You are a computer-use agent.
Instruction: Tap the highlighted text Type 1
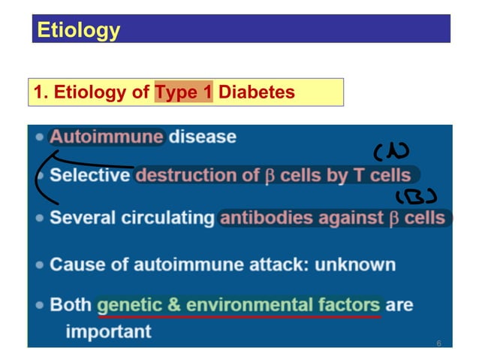click(x=184, y=92)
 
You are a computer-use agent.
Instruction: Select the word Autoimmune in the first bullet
click(x=106, y=137)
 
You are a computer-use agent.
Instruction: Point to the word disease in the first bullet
click(x=202, y=137)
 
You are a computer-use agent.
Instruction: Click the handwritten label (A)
click(x=391, y=152)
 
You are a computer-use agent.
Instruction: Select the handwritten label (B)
click(x=416, y=198)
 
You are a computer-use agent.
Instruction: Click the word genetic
click(x=134, y=306)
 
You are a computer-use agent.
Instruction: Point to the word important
click(x=108, y=331)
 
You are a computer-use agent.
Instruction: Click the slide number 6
click(x=438, y=343)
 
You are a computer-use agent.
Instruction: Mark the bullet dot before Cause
click(x=39, y=265)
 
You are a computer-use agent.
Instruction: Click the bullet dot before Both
click(x=39, y=306)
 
